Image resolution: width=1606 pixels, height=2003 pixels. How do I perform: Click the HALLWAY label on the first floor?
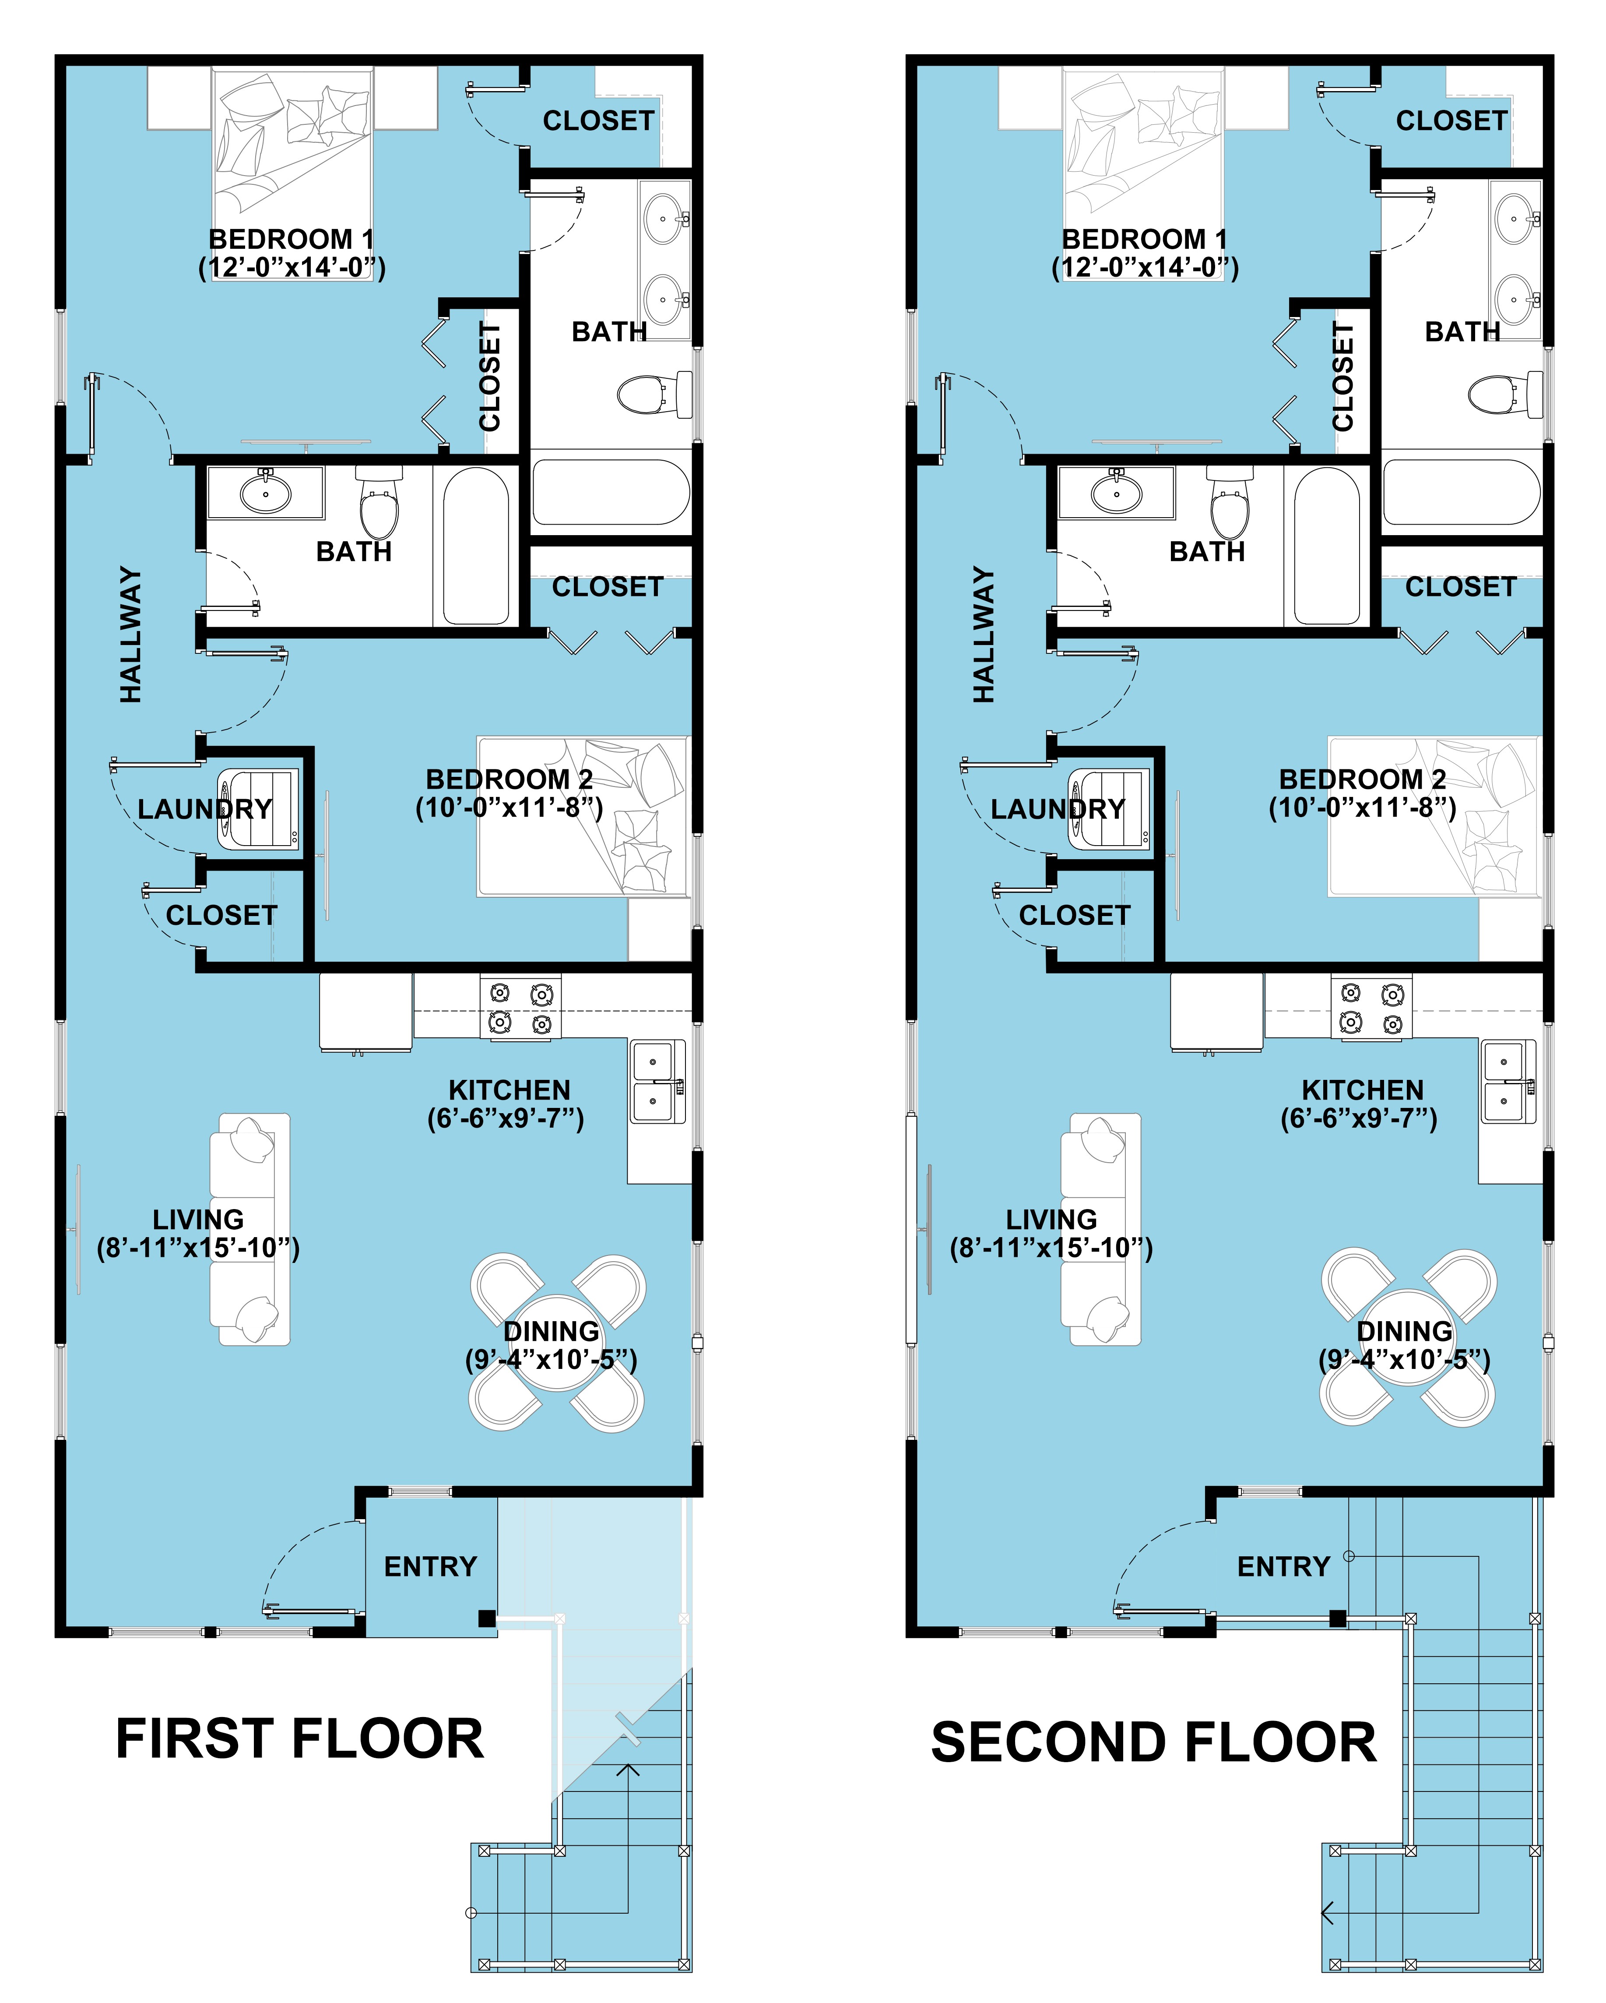pyautogui.click(x=131, y=635)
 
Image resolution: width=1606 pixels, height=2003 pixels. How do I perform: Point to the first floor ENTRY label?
pyautogui.click(x=430, y=1566)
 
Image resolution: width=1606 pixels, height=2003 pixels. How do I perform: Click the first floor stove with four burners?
pyautogui.click(x=520, y=1008)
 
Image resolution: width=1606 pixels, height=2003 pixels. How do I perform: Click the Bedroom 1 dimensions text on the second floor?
pyautogui.click(x=1144, y=268)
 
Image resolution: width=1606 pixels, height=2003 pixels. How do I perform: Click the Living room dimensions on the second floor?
pyautogui.click(x=1051, y=1248)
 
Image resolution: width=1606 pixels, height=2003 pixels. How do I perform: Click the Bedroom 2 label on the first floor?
pyautogui.click(x=509, y=779)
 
